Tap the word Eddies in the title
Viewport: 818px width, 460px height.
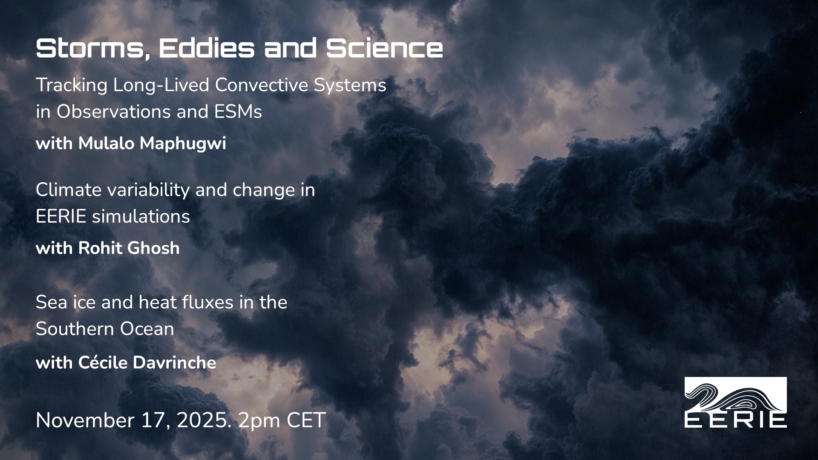point(207,48)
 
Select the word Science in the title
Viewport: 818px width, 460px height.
point(385,48)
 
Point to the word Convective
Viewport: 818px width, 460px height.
point(262,85)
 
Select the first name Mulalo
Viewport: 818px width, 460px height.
point(106,144)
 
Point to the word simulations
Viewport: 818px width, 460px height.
point(141,217)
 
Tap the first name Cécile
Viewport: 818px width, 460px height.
point(103,363)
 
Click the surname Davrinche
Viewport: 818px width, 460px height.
point(175,363)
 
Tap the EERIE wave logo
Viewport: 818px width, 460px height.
point(736,402)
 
